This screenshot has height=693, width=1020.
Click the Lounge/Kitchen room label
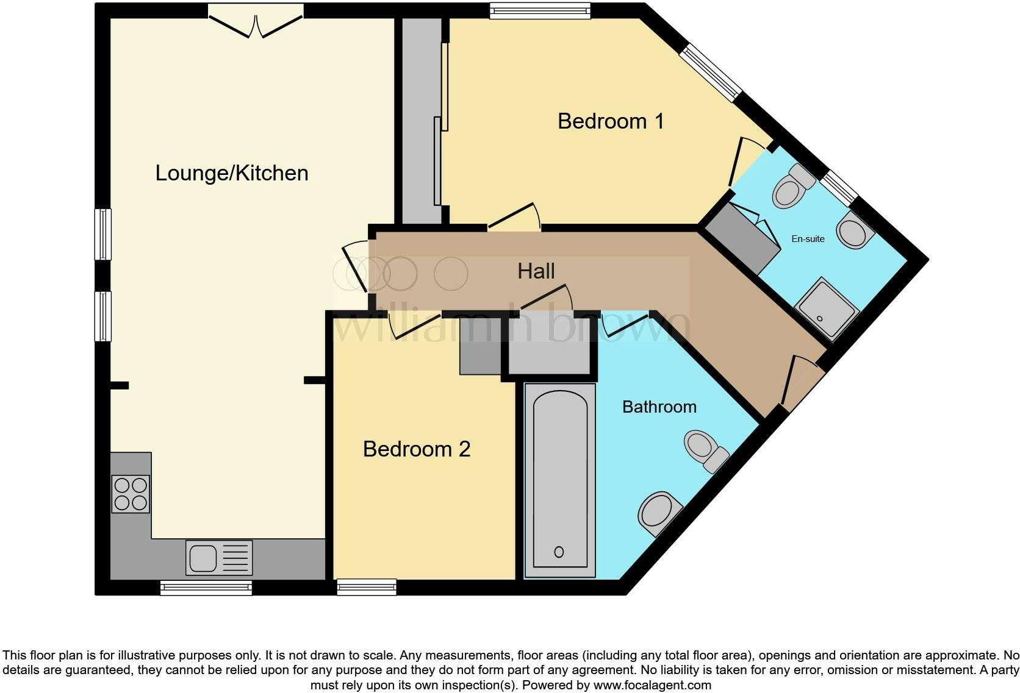coord(231,173)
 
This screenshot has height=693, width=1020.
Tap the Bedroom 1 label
coord(610,121)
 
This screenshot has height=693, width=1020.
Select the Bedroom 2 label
coord(416,449)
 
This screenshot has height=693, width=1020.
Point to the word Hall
coord(536,271)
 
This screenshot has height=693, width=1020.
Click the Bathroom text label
coord(659,407)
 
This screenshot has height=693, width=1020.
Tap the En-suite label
coord(808,239)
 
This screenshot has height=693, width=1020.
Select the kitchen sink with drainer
coord(218,558)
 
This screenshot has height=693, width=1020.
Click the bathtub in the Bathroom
coord(559,480)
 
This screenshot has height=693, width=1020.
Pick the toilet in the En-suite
coord(792,187)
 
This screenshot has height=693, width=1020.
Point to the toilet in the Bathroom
coord(705,449)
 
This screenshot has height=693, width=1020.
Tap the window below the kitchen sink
coord(206,588)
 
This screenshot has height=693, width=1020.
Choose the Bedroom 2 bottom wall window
coord(367,588)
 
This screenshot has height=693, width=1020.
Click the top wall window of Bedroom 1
coord(541,11)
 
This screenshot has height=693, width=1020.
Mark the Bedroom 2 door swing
coord(415,324)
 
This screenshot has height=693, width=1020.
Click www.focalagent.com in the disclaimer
coord(652,685)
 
